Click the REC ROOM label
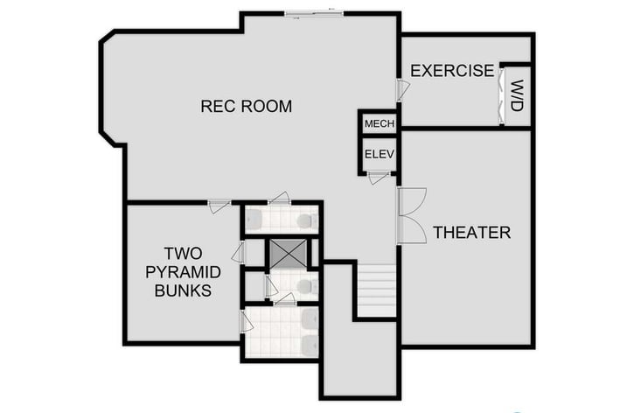[x=246, y=107]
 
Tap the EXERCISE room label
[x=452, y=71]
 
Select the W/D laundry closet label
[x=518, y=95]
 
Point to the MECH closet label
[x=380, y=123]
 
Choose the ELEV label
[x=380, y=155]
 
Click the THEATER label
[x=471, y=233]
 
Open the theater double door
[x=409, y=215]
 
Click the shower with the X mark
[x=289, y=252]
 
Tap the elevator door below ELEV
[x=379, y=178]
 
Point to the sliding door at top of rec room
[x=314, y=13]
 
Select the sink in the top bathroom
[x=254, y=219]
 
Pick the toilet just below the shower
[x=303, y=285]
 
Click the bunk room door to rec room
[x=219, y=206]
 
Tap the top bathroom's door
[x=279, y=198]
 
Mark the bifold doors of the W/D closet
[x=502, y=95]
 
